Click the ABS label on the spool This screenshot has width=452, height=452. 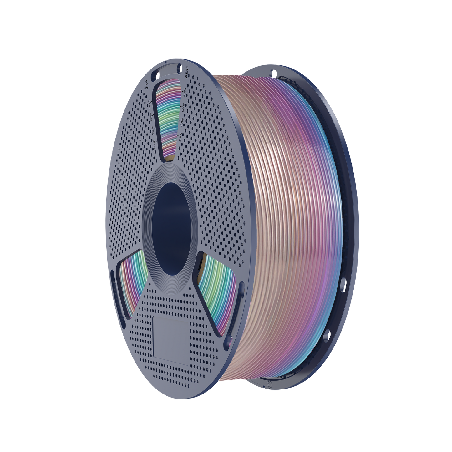tap(187, 74)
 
